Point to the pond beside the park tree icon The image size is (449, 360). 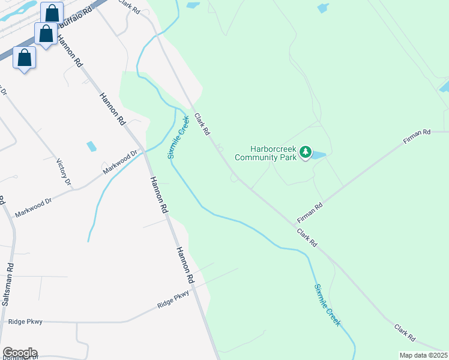click(318, 155)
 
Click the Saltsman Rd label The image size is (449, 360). click(7, 284)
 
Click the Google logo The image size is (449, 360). click(20, 353)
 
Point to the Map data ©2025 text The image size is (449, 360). click(423, 355)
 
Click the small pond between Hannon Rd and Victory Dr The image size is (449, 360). click(91, 146)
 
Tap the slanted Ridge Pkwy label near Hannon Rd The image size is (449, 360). click(173, 299)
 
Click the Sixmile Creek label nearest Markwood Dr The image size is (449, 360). click(178, 137)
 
